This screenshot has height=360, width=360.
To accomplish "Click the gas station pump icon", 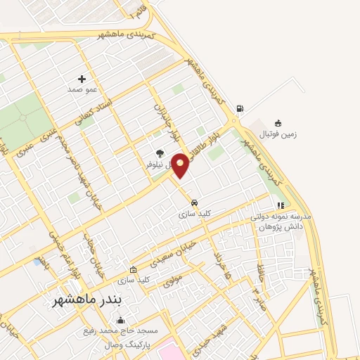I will click(x=241, y=108).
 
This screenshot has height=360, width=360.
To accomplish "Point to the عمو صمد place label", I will click(x=82, y=89).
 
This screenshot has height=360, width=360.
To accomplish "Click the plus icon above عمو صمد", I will click(x=82, y=78).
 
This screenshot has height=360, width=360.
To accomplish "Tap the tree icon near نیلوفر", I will click(x=160, y=153).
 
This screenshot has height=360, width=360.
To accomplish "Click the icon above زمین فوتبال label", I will click(x=278, y=122).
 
